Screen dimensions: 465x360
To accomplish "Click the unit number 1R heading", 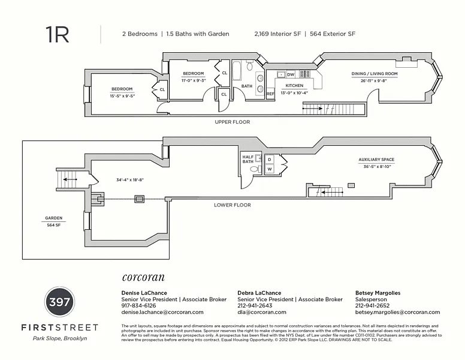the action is pyautogui.click(x=58, y=34).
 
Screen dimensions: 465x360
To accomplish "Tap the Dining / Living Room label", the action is pyautogui.click(x=374, y=74).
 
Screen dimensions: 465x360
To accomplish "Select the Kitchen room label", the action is pyautogui.click(x=294, y=86).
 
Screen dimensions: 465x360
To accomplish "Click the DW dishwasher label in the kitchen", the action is pyautogui.click(x=291, y=74).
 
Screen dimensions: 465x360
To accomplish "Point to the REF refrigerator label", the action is pyautogui.click(x=270, y=94).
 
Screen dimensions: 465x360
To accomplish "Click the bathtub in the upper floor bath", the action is pyautogui.click(x=235, y=73).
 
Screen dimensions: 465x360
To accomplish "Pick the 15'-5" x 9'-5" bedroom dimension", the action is pyautogui.click(x=122, y=96).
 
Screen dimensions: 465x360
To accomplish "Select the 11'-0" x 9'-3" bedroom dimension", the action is pyautogui.click(x=194, y=80).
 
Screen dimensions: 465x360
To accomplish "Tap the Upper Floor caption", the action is pyautogui.click(x=232, y=122).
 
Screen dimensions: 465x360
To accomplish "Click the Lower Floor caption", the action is pyautogui.click(x=232, y=205).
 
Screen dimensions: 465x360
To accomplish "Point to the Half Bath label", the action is pyautogui.click(x=248, y=159).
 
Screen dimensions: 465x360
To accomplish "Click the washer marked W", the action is pyautogui.click(x=270, y=169).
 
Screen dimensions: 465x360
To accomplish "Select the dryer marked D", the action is pyautogui.click(x=270, y=159).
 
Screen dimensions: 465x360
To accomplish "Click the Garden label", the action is pyautogui.click(x=53, y=218).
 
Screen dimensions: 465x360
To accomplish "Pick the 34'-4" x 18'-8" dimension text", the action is pyautogui.click(x=130, y=179).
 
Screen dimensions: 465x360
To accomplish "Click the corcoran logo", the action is pyautogui.click(x=143, y=278).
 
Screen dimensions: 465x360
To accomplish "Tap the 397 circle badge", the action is pyautogui.click(x=60, y=301).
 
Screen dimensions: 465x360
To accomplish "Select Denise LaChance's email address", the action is pyautogui.click(x=162, y=312).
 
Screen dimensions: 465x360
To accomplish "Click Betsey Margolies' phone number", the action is pyautogui.click(x=372, y=305).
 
